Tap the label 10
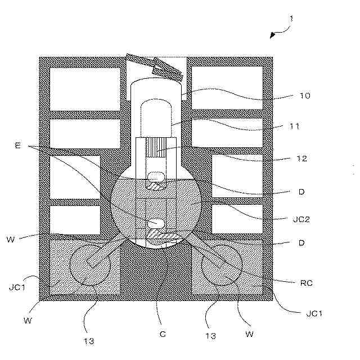(x=305, y=96)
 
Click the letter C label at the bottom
(x=163, y=334)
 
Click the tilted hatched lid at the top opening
(x=154, y=66)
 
